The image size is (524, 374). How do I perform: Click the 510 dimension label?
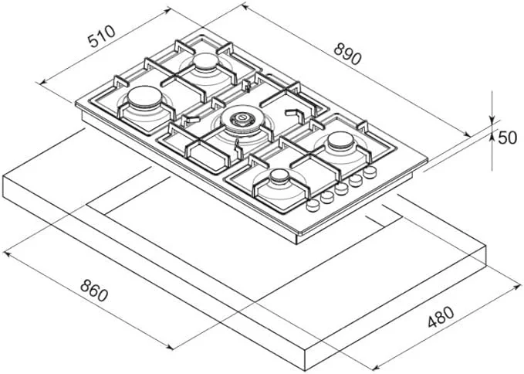point(101,36)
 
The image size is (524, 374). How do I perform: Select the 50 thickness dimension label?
point(507,138)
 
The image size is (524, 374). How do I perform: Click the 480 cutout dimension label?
point(441,317)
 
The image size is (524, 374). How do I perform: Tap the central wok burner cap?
point(242,119)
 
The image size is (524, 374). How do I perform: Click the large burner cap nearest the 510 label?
point(145,97)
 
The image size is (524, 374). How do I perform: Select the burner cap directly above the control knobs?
point(340,141)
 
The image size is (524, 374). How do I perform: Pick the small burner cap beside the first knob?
point(279,176)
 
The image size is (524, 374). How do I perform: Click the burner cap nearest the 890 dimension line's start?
point(206,61)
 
